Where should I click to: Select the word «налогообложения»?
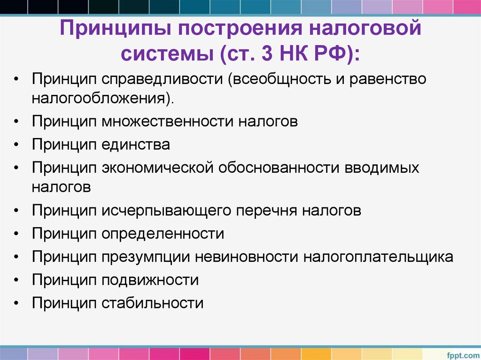point(101,98)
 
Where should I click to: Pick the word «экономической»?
point(157,168)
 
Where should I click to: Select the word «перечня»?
point(265,210)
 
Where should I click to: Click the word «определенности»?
point(163,233)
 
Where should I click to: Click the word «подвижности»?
point(150,280)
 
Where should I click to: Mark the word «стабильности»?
point(152,303)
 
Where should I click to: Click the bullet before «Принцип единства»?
point(17,145)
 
